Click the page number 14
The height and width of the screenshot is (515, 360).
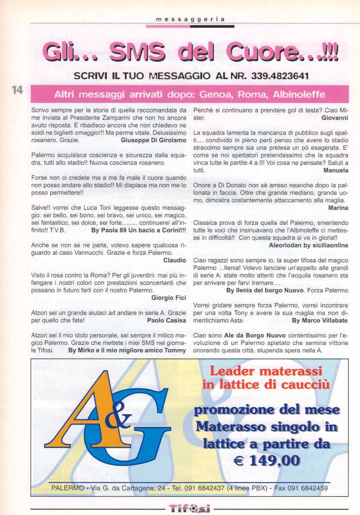(18, 90)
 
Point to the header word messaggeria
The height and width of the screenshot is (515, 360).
(190, 19)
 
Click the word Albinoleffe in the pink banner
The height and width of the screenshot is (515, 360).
(297, 95)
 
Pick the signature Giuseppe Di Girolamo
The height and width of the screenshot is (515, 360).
(153, 140)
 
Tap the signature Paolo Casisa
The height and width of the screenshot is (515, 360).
(166, 321)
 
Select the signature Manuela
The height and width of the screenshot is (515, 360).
(335, 171)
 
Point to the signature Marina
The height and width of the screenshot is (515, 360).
(338, 208)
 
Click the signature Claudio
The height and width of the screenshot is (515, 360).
(175, 260)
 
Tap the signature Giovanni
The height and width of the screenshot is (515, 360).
(335, 118)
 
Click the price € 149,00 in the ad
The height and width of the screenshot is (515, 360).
(266, 460)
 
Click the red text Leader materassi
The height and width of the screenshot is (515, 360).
(266, 371)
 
